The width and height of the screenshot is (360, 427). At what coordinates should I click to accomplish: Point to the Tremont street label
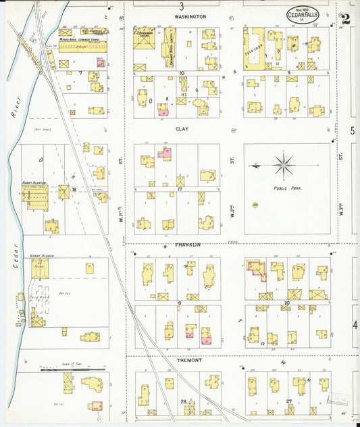pyautogui.click(x=190, y=360)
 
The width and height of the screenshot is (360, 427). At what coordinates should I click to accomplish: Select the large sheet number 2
pyautogui.click(x=345, y=20)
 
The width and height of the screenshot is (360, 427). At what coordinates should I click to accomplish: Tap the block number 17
pyautogui.click(x=180, y=189)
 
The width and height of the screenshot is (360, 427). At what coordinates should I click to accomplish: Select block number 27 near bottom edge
pyautogui.click(x=288, y=401)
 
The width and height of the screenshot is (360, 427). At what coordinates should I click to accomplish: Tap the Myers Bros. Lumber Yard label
pyautogui.click(x=77, y=40)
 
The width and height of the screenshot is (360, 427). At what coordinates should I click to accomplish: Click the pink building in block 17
pyautogui.click(x=165, y=154)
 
